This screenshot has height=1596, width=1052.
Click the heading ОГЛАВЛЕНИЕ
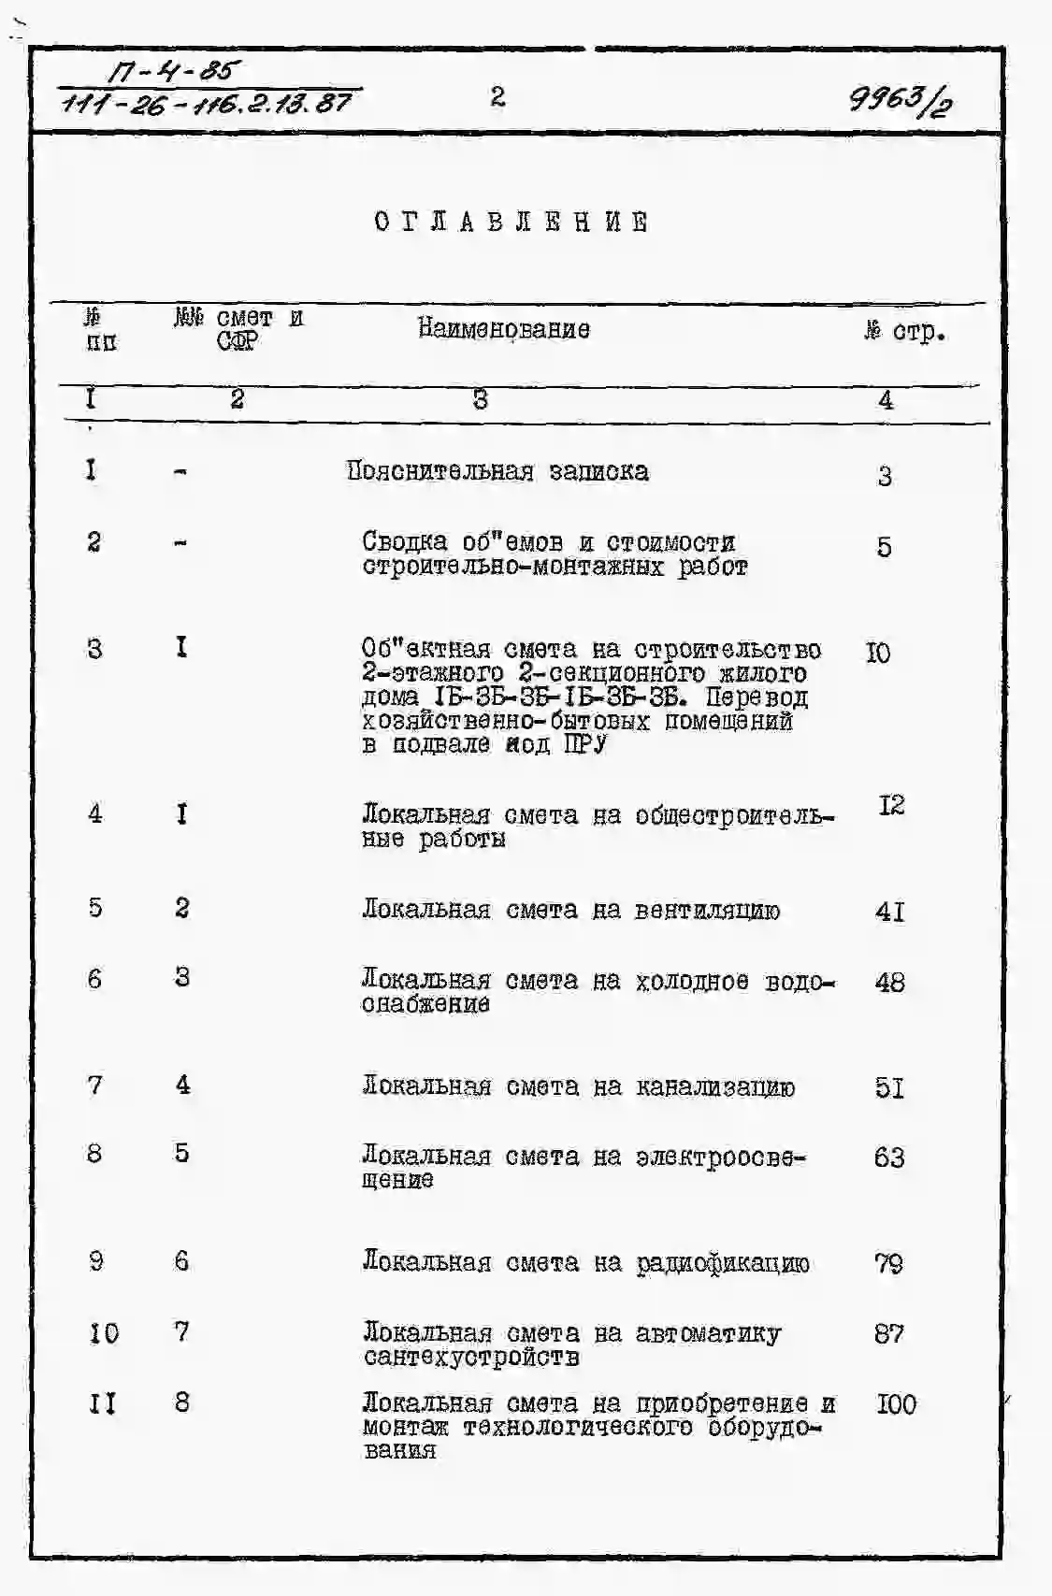(x=511, y=223)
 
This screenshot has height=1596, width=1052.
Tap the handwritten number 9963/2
(x=901, y=97)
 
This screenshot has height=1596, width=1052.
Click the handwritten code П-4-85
(x=173, y=70)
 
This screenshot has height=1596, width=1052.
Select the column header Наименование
(x=503, y=329)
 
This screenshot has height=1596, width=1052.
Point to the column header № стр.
(x=904, y=331)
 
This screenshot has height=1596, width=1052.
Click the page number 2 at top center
(x=497, y=96)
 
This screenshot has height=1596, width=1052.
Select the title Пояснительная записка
(x=497, y=471)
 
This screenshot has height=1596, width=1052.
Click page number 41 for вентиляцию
(x=889, y=911)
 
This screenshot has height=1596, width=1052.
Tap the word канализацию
(x=715, y=1087)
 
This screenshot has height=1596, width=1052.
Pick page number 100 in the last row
(x=896, y=1404)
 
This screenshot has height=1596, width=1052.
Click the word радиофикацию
(x=723, y=1264)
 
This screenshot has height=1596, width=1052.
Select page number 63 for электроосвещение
(x=888, y=1158)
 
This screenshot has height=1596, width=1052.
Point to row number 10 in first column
(x=104, y=1333)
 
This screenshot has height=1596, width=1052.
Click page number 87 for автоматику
(x=888, y=1334)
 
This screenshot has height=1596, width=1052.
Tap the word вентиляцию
(x=707, y=911)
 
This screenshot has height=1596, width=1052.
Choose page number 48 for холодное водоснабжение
(x=889, y=983)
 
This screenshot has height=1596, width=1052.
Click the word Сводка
(x=404, y=542)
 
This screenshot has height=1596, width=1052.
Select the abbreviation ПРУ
(x=585, y=745)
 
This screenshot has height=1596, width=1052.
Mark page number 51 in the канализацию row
(x=889, y=1088)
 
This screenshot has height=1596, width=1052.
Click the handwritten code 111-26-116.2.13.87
(x=208, y=102)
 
